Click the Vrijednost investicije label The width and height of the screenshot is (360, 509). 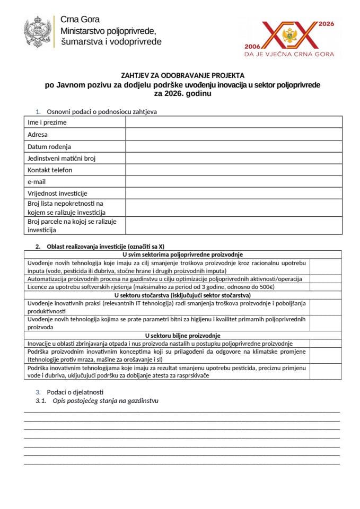pyautogui.click(x=57, y=194)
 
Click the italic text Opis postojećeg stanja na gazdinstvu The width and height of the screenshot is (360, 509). pyautogui.click(x=106, y=401)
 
